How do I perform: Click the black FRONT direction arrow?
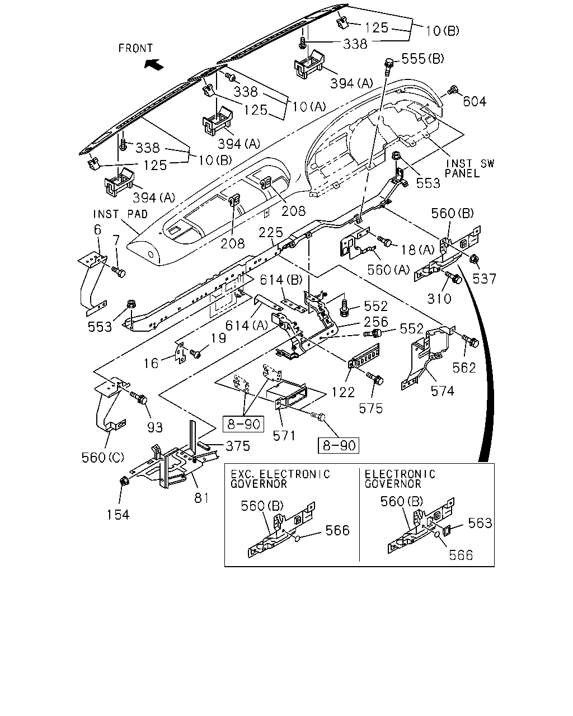click(x=154, y=64)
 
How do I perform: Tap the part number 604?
click(x=475, y=101)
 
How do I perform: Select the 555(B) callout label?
click(x=423, y=59)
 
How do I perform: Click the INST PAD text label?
click(x=120, y=214)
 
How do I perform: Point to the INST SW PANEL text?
click(x=470, y=168)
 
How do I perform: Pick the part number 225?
click(x=271, y=232)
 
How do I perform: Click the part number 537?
click(x=485, y=279)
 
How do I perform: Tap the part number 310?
click(x=439, y=299)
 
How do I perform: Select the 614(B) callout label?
click(x=281, y=280)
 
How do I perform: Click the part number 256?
click(x=376, y=322)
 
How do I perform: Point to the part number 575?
click(x=370, y=408)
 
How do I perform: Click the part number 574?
click(x=443, y=391)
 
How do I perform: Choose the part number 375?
click(x=238, y=446)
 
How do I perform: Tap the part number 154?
click(x=118, y=515)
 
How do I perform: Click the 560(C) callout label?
click(x=103, y=458)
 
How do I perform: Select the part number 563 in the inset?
click(x=480, y=524)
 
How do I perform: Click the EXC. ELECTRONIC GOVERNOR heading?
click(x=280, y=479)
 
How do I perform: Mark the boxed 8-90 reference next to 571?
click(x=339, y=445)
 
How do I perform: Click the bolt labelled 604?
click(x=453, y=89)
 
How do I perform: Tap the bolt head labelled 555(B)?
click(x=389, y=62)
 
